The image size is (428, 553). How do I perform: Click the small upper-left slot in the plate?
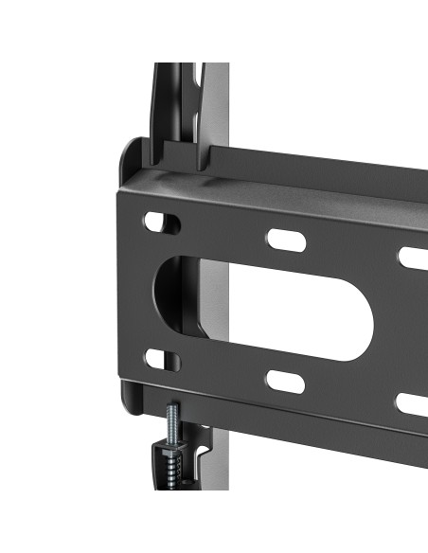pos(162,223)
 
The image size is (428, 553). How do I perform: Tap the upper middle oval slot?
pos(285,239)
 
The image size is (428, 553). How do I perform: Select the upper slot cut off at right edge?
pos(413,257)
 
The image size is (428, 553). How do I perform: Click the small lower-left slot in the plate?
pos(162,359)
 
